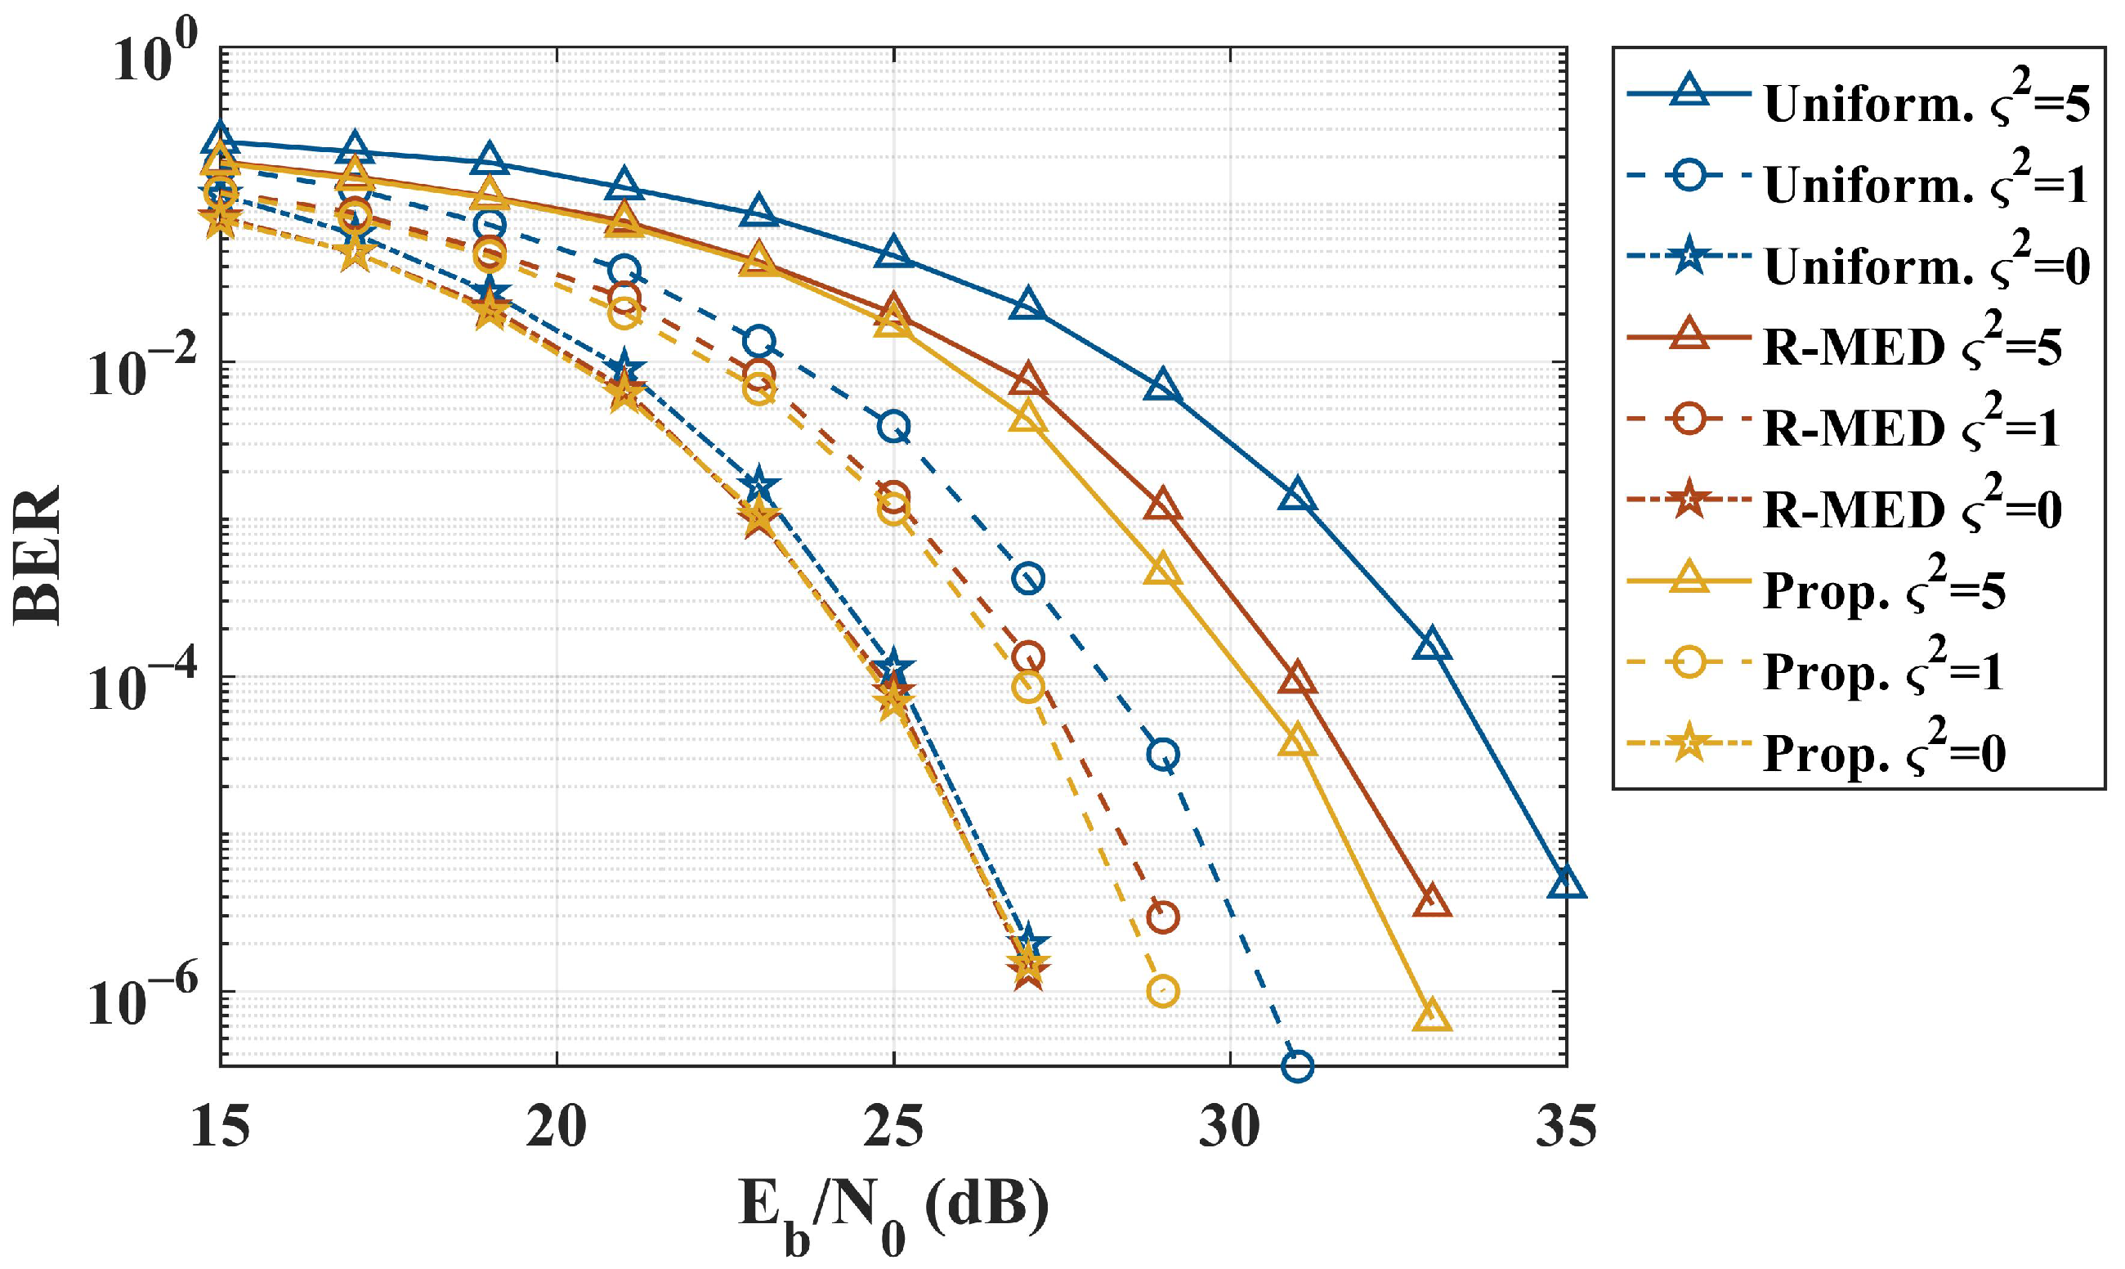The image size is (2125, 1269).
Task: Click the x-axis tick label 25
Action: pos(893,1128)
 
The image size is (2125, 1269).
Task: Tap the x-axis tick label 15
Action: pos(221,1128)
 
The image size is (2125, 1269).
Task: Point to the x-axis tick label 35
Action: pos(1566,1128)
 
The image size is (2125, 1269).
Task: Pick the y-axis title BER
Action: pos(38,556)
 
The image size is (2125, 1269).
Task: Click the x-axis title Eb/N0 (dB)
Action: pos(893,1214)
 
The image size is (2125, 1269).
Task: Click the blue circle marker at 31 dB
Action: pos(1297,1065)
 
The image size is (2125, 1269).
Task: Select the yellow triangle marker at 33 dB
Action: pos(1432,1015)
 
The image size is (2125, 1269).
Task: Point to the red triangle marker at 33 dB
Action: pos(1432,902)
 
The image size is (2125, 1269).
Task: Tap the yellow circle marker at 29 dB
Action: pos(1162,992)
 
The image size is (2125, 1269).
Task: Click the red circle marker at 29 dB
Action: pos(1162,917)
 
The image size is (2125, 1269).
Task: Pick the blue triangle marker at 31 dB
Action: pos(1297,496)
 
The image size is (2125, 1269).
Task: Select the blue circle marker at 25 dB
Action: pos(893,427)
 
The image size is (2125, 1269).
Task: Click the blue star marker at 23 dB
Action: pos(759,486)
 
